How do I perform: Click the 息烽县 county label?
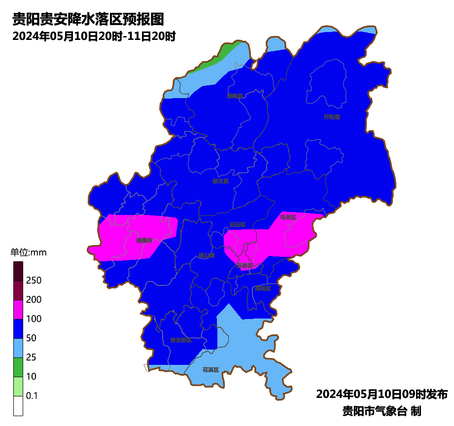pyautogui.click(x=235, y=96)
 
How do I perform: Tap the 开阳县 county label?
pyautogui.click(x=332, y=117)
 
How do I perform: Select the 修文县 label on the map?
pyautogui.click(x=220, y=181)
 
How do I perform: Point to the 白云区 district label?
pyautogui.click(x=237, y=225)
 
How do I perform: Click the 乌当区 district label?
pyautogui.click(x=288, y=217)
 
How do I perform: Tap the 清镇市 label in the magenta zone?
pyautogui.click(x=144, y=241)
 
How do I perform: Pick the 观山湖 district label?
pyautogui.click(x=207, y=256)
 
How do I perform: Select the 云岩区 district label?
pyautogui.click(x=244, y=266)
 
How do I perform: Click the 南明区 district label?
pyautogui.click(x=263, y=288)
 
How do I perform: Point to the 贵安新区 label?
pyautogui.click(x=181, y=340)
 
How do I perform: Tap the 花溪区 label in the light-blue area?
pyautogui.click(x=210, y=370)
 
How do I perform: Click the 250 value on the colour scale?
pyautogui.click(x=34, y=281)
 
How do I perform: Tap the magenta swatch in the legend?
pyautogui.click(x=18, y=309)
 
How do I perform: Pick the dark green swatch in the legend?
pyautogui.click(x=18, y=367)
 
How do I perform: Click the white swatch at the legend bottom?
pyautogui.click(x=18, y=406)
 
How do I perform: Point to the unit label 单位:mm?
pyautogui.click(x=28, y=253)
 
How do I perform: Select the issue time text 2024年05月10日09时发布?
pyautogui.click(x=382, y=394)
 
